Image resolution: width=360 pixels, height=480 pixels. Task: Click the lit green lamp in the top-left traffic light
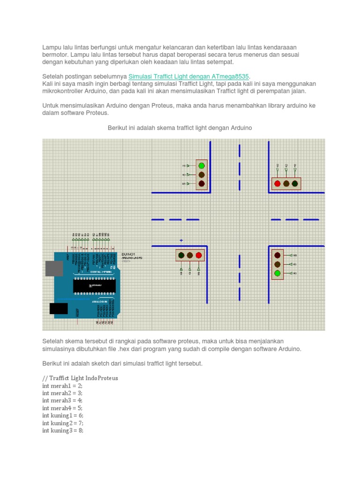coord(202,165)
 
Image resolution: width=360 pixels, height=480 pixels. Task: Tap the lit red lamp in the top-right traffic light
coord(277,184)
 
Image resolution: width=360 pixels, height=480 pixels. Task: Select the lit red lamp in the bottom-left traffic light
coord(199,255)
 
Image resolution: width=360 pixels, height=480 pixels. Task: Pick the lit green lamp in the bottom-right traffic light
coord(277,273)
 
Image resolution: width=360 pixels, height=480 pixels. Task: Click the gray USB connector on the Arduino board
coord(54,268)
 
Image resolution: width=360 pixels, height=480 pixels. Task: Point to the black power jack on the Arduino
coord(59,308)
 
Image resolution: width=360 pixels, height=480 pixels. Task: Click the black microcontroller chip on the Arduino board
coord(94,285)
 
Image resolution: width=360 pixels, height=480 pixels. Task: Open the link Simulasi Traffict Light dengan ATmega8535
coord(189,76)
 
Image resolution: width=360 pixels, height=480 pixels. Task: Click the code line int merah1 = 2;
coord(62,385)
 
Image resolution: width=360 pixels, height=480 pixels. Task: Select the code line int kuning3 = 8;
coord(63,430)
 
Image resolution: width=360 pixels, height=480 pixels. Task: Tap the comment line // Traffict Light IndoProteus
coord(80,378)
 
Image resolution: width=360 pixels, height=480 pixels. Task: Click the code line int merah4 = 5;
coord(62,408)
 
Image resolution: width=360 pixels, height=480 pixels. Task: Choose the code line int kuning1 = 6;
coord(63,415)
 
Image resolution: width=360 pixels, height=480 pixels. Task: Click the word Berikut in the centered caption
coord(118,128)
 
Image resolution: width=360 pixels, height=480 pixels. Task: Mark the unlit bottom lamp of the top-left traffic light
coord(202,184)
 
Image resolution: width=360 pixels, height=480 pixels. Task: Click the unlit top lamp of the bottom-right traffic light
coord(277,255)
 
